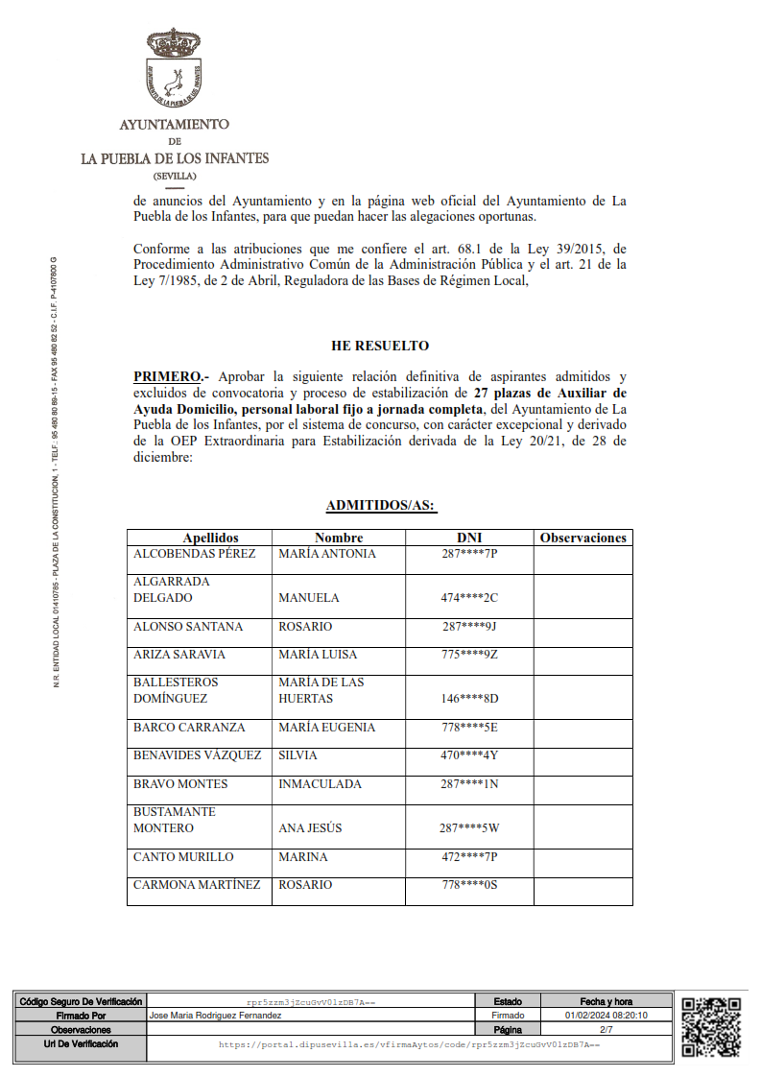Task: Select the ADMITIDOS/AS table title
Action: point(382,505)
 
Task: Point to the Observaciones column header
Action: point(583,538)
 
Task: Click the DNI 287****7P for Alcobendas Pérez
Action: point(469,554)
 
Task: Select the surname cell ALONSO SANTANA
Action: point(188,627)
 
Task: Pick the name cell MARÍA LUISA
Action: point(318,655)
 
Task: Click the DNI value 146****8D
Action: point(469,699)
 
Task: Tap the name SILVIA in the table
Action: point(297,755)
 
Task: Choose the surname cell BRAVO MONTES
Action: point(180,784)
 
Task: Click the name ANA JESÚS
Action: point(310,827)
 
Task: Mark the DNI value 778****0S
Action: point(469,885)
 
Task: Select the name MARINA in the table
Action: point(302,857)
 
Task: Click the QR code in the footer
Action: point(711,1027)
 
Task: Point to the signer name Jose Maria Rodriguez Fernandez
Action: point(216,1016)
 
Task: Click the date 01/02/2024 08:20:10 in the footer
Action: point(606,1016)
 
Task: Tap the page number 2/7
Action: point(606,1029)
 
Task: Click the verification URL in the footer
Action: point(409,1043)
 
